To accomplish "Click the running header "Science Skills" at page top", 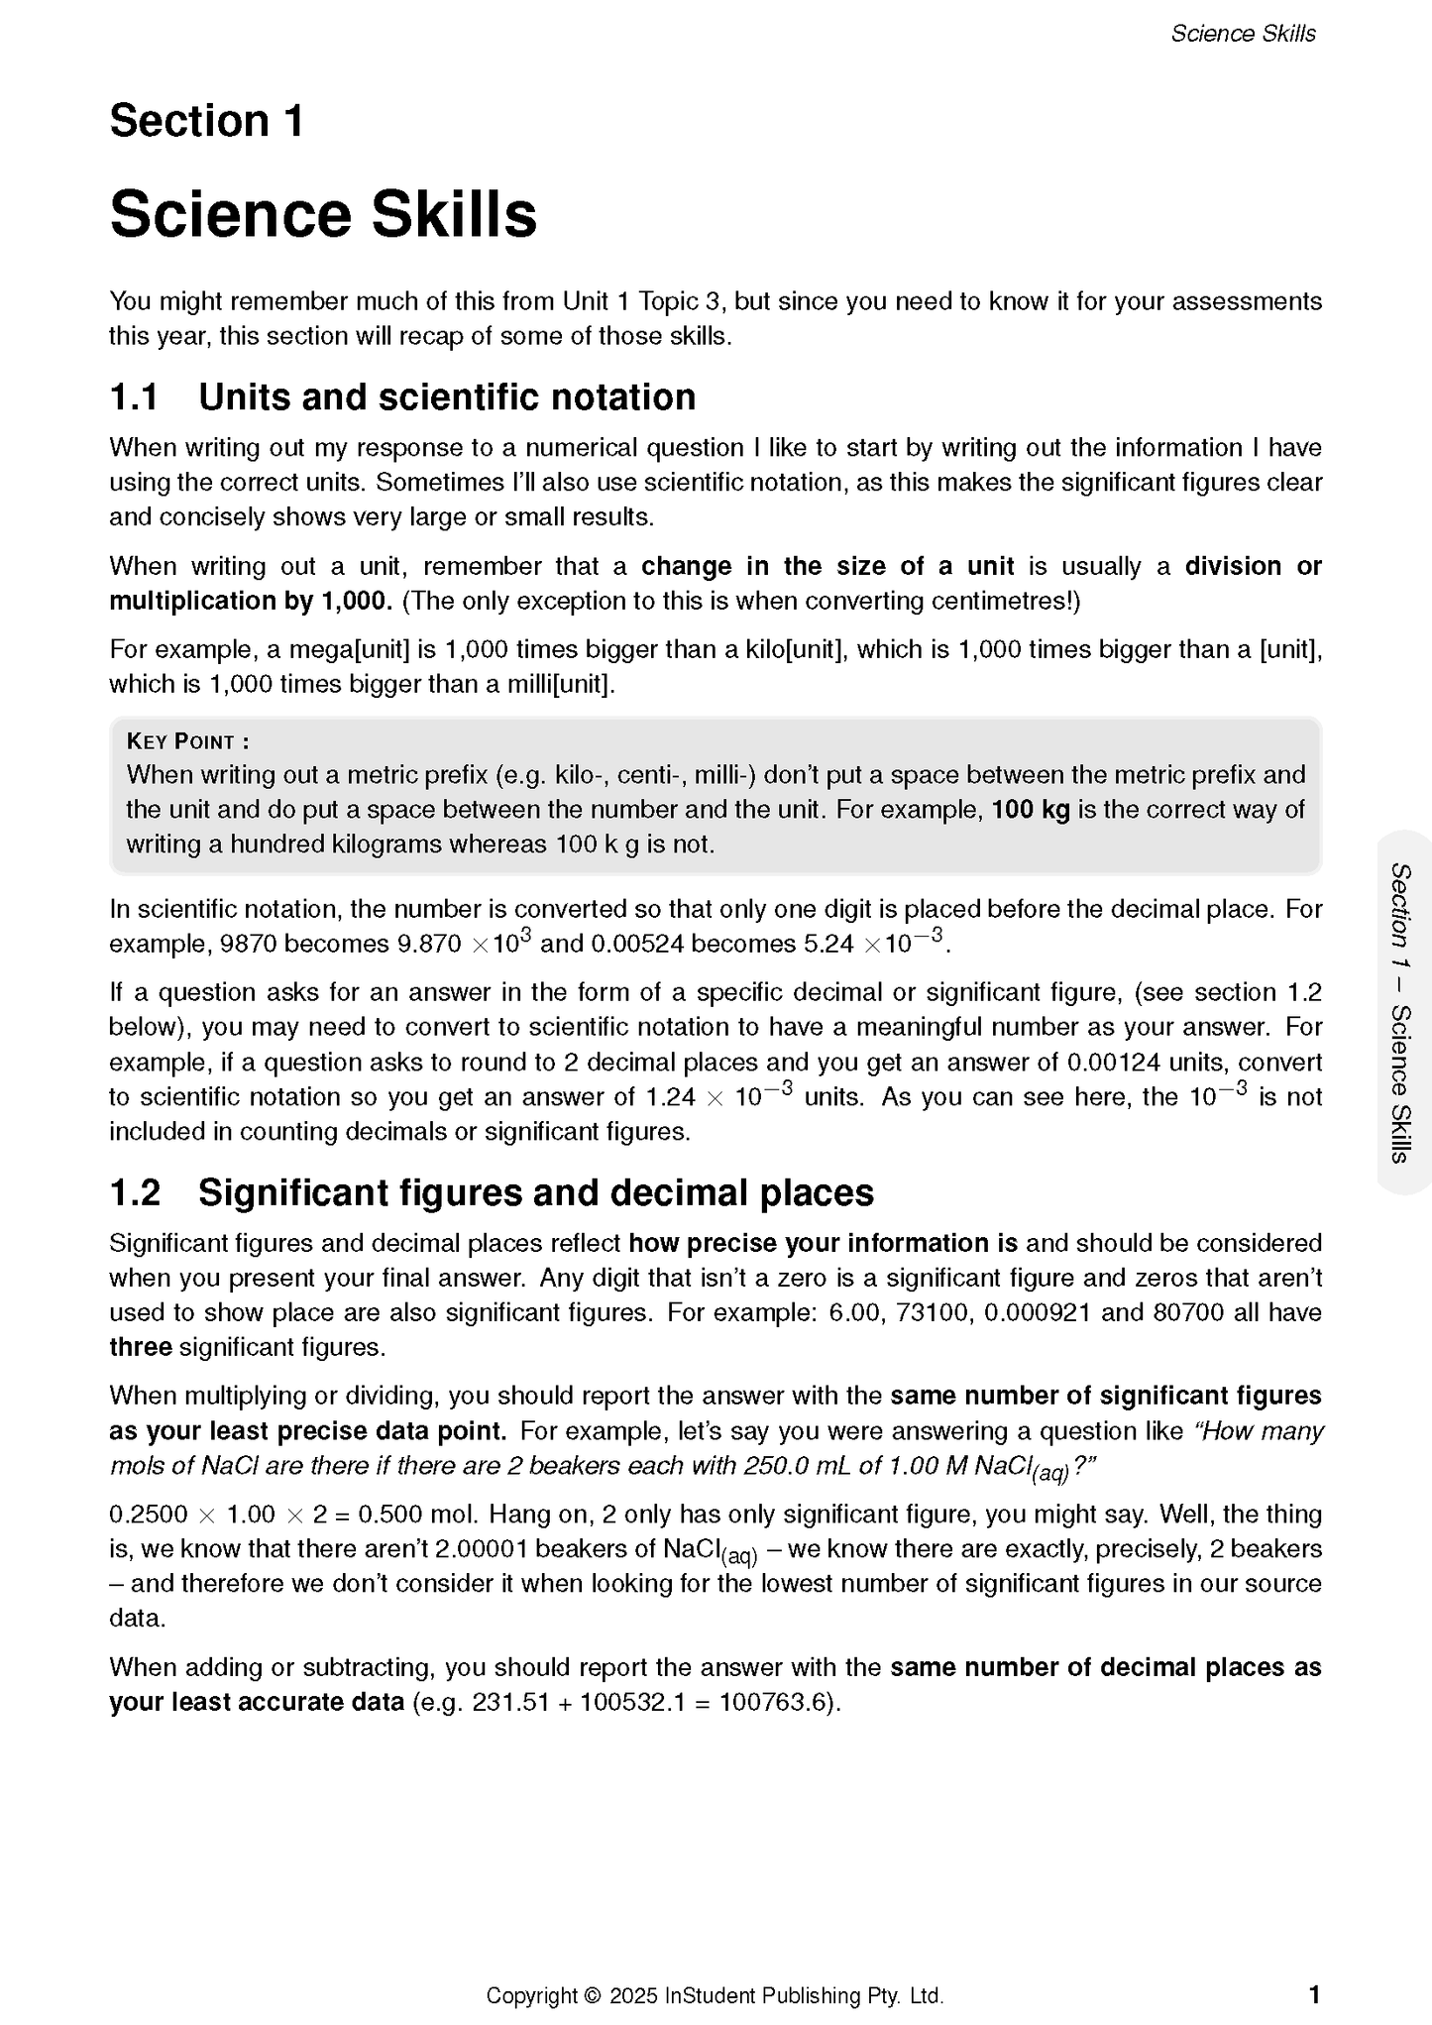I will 1243,34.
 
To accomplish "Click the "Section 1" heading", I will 206,121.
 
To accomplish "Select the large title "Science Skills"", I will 323,214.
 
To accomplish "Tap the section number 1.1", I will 134,397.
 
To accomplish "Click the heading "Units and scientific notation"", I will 447,397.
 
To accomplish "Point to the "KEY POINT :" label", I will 187,741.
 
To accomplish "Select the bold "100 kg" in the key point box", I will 1031,810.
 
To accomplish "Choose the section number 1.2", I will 135,1193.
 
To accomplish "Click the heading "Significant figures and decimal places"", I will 536,1193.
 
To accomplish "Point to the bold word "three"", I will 141,1348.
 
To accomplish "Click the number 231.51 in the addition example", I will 510,1703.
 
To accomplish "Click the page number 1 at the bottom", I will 1314,1994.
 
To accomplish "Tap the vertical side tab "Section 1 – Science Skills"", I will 1401,1012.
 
